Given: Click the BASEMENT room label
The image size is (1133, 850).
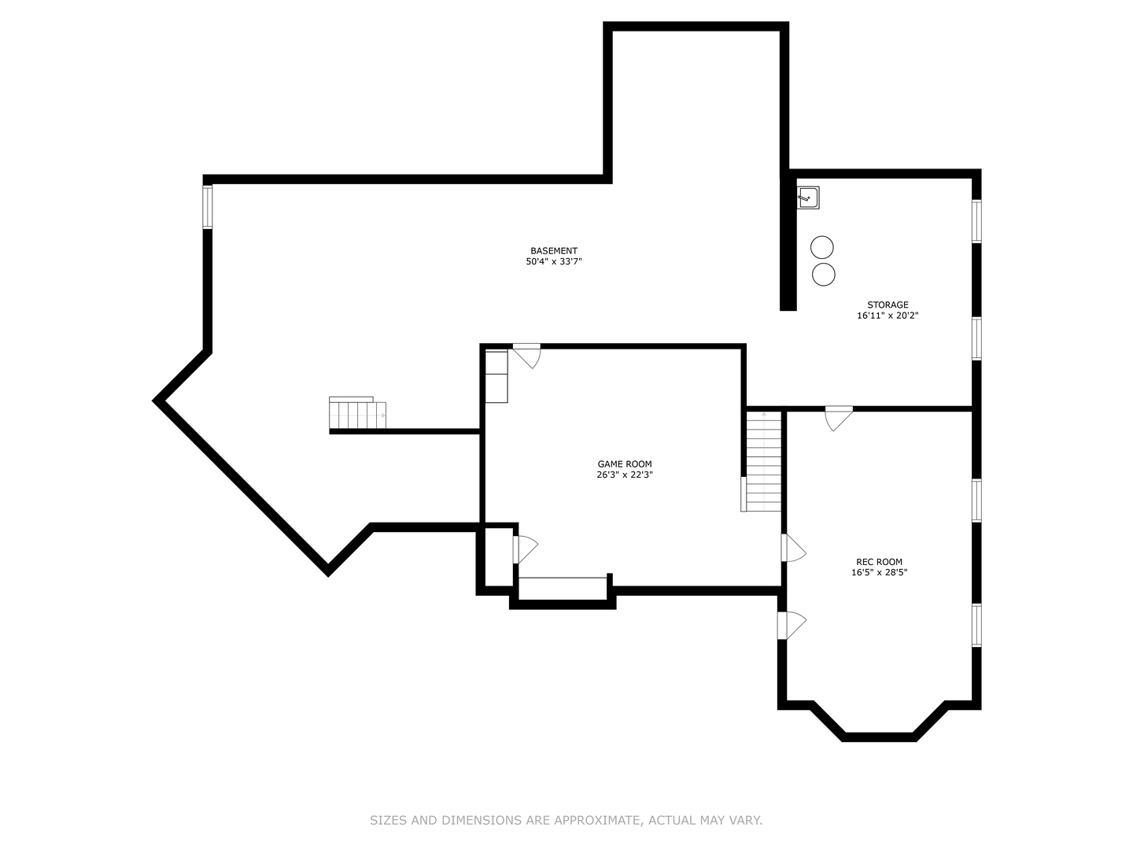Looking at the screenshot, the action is (554, 251).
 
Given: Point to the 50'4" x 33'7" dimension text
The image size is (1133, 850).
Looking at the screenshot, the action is (554, 261).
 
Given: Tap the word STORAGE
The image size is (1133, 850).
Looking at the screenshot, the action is (888, 305).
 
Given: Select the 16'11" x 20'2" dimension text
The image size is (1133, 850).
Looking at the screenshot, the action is (888, 316).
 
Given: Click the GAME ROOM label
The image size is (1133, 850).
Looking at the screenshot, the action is (625, 464).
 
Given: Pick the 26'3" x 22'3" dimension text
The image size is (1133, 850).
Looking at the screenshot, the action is (625, 475).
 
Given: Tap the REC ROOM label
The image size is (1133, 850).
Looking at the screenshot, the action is (880, 561).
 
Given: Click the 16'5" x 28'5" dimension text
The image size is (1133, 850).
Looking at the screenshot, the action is (880, 572).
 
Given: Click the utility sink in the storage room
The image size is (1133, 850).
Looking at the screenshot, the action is (808, 198).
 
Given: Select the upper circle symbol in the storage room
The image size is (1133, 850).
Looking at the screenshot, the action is (821, 247).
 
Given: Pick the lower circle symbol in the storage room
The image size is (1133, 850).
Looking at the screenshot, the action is (823, 275).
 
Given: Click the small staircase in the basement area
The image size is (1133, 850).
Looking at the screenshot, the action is (357, 413).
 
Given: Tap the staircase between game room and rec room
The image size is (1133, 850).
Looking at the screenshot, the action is (763, 461).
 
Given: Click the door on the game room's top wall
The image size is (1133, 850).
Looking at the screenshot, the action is (526, 356).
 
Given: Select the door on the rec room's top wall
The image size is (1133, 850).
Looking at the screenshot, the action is (839, 419).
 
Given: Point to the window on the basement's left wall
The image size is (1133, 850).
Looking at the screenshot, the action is (208, 207).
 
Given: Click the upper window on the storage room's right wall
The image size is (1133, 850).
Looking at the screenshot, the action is (976, 221).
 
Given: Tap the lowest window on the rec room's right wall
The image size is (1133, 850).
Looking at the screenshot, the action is (976, 625).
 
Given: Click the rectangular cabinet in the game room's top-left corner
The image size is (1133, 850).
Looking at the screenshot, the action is (496, 377).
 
